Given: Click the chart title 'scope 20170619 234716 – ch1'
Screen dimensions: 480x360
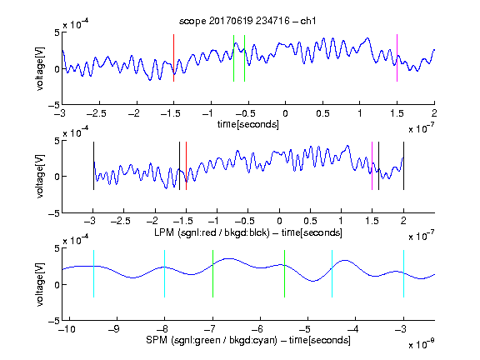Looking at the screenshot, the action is coord(247,21).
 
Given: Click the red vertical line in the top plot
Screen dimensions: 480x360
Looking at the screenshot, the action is coord(173,57).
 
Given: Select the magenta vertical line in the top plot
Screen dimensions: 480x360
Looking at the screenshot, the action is coord(397,57).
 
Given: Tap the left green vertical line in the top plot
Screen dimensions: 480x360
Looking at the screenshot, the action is coord(233,58).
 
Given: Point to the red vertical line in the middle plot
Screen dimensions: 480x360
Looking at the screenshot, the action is coord(186,166).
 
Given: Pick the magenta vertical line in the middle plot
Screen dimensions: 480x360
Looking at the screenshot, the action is coord(372,166).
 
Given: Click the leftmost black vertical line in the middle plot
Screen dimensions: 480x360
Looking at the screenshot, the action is coord(93,166).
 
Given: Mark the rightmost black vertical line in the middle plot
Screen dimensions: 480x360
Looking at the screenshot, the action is coord(403,166).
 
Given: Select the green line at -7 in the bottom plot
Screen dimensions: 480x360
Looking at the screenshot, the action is coord(212,273).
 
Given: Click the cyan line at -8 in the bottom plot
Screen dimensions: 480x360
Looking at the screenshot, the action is coord(164,273).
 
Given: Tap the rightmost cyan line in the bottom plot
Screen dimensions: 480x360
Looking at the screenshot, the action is coord(403,273).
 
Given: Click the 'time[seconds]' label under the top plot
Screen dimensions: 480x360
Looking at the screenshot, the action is coord(248,124).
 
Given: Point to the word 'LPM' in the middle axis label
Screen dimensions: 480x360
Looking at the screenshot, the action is coord(164,232).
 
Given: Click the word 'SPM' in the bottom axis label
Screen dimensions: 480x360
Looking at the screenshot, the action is coord(157,340).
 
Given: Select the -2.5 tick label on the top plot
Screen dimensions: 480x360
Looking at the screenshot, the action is coord(97,113).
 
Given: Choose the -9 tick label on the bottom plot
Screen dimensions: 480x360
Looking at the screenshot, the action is coord(114,329).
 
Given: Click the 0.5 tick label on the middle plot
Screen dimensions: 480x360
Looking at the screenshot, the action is coord(310,221).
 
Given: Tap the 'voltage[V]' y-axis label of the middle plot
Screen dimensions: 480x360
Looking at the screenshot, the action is coord(40,176).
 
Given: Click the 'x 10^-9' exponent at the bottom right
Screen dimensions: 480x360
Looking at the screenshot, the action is coord(422,344).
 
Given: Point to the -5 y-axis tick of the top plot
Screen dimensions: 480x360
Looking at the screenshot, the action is coord(54,105).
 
